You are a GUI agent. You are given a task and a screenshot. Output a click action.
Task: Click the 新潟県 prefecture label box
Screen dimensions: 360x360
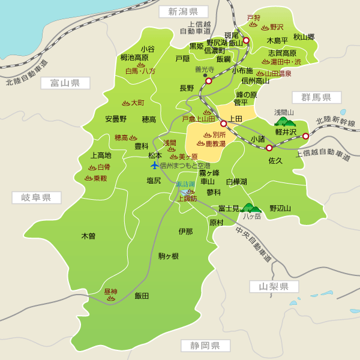point(183,11)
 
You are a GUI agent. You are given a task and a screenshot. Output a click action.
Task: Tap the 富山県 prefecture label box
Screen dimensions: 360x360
point(65,83)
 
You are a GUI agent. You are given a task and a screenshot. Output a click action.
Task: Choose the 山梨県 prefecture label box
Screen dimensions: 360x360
point(274,287)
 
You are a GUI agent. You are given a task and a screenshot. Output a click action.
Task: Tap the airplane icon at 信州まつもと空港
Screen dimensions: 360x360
point(155,165)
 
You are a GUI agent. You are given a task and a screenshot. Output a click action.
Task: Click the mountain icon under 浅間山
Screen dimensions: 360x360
point(284,121)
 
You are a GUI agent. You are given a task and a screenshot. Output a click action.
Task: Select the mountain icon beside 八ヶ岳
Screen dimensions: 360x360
point(251,208)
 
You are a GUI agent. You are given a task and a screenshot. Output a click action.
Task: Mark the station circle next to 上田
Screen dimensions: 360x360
point(223,124)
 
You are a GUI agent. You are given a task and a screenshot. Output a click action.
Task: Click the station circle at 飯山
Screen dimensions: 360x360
point(246,41)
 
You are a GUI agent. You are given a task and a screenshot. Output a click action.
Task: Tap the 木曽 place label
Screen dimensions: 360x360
point(88,236)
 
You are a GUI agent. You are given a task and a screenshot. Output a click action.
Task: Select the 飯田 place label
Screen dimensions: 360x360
point(142,296)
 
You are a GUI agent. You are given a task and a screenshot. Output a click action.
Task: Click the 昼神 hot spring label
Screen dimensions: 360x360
point(110,292)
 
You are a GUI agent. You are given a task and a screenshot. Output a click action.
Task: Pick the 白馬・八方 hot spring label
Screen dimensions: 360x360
point(140,71)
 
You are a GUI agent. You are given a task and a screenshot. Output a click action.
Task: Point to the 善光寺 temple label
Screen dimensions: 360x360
point(205,69)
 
